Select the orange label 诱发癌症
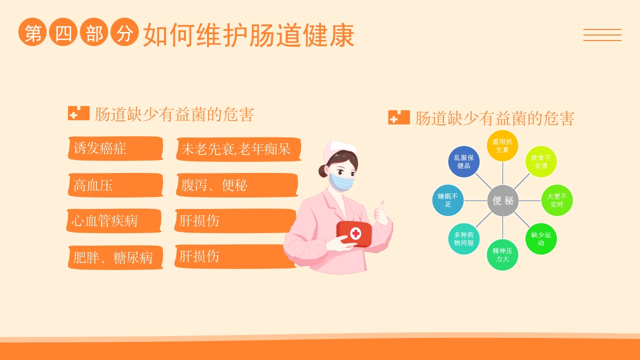(115, 148)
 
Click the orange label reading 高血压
(115, 185)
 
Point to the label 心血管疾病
(114, 220)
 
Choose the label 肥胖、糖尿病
(115, 257)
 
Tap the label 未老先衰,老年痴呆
(238, 149)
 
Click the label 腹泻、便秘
(237, 185)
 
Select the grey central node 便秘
(502, 200)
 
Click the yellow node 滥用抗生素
(502, 145)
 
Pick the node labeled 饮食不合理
(540, 161)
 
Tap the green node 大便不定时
(556, 200)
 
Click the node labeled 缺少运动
(540, 238)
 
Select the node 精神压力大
(502, 254)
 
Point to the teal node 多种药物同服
(463, 238)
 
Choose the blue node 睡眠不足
(447, 200)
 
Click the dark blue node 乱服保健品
(463, 161)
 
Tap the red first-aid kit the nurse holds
(354, 233)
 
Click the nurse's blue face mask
(341, 181)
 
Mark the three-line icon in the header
(602, 35)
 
